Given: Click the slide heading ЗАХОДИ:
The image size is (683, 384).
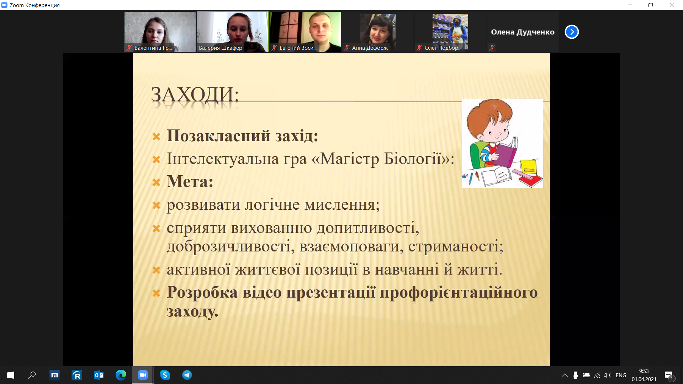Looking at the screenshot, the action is (x=195, y=95).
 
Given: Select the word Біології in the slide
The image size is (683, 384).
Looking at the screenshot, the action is (x=413, y=159).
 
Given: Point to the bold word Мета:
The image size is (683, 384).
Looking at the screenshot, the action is (x=190, y=182).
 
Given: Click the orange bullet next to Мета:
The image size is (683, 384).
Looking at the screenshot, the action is (x=156, y=182).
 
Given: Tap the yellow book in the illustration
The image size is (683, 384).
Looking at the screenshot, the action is (x=529, y=167).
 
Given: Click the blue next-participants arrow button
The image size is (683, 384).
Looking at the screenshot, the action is (x=572, y=32).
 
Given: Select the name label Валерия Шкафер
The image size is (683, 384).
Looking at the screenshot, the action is (x=221, y=48).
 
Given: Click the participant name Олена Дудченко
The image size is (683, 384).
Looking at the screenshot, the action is (x=523, y=32).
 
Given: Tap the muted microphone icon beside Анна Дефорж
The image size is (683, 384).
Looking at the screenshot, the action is (x=347, y=48).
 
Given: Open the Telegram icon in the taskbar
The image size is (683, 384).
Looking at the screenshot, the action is (x=187, y=375).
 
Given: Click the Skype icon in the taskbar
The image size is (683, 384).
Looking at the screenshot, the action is (x=165, y=375).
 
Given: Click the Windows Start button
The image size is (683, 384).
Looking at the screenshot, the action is (x=11, y=375).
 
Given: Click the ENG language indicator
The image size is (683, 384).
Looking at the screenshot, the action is (x=621, y=375).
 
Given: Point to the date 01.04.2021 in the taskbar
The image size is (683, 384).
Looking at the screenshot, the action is (x=644, y=379).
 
